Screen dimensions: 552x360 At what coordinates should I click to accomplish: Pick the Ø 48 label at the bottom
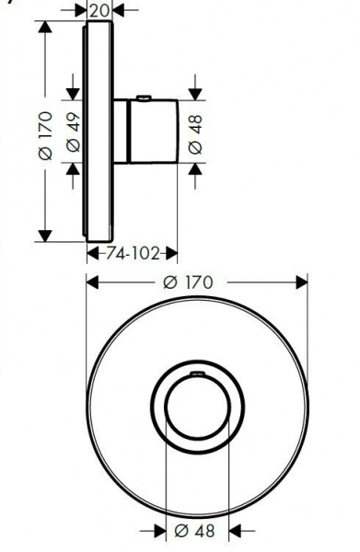pos(196,531)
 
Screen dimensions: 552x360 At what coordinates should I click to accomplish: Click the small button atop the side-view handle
pos(143,98)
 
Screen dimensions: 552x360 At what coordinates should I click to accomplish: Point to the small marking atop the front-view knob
pos(196,375)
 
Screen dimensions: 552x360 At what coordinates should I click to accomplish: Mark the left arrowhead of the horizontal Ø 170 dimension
pos(91,282)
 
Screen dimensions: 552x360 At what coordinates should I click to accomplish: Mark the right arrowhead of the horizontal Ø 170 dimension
pos(303,282)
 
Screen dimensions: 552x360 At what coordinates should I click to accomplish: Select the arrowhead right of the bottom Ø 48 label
pos(234,531)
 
